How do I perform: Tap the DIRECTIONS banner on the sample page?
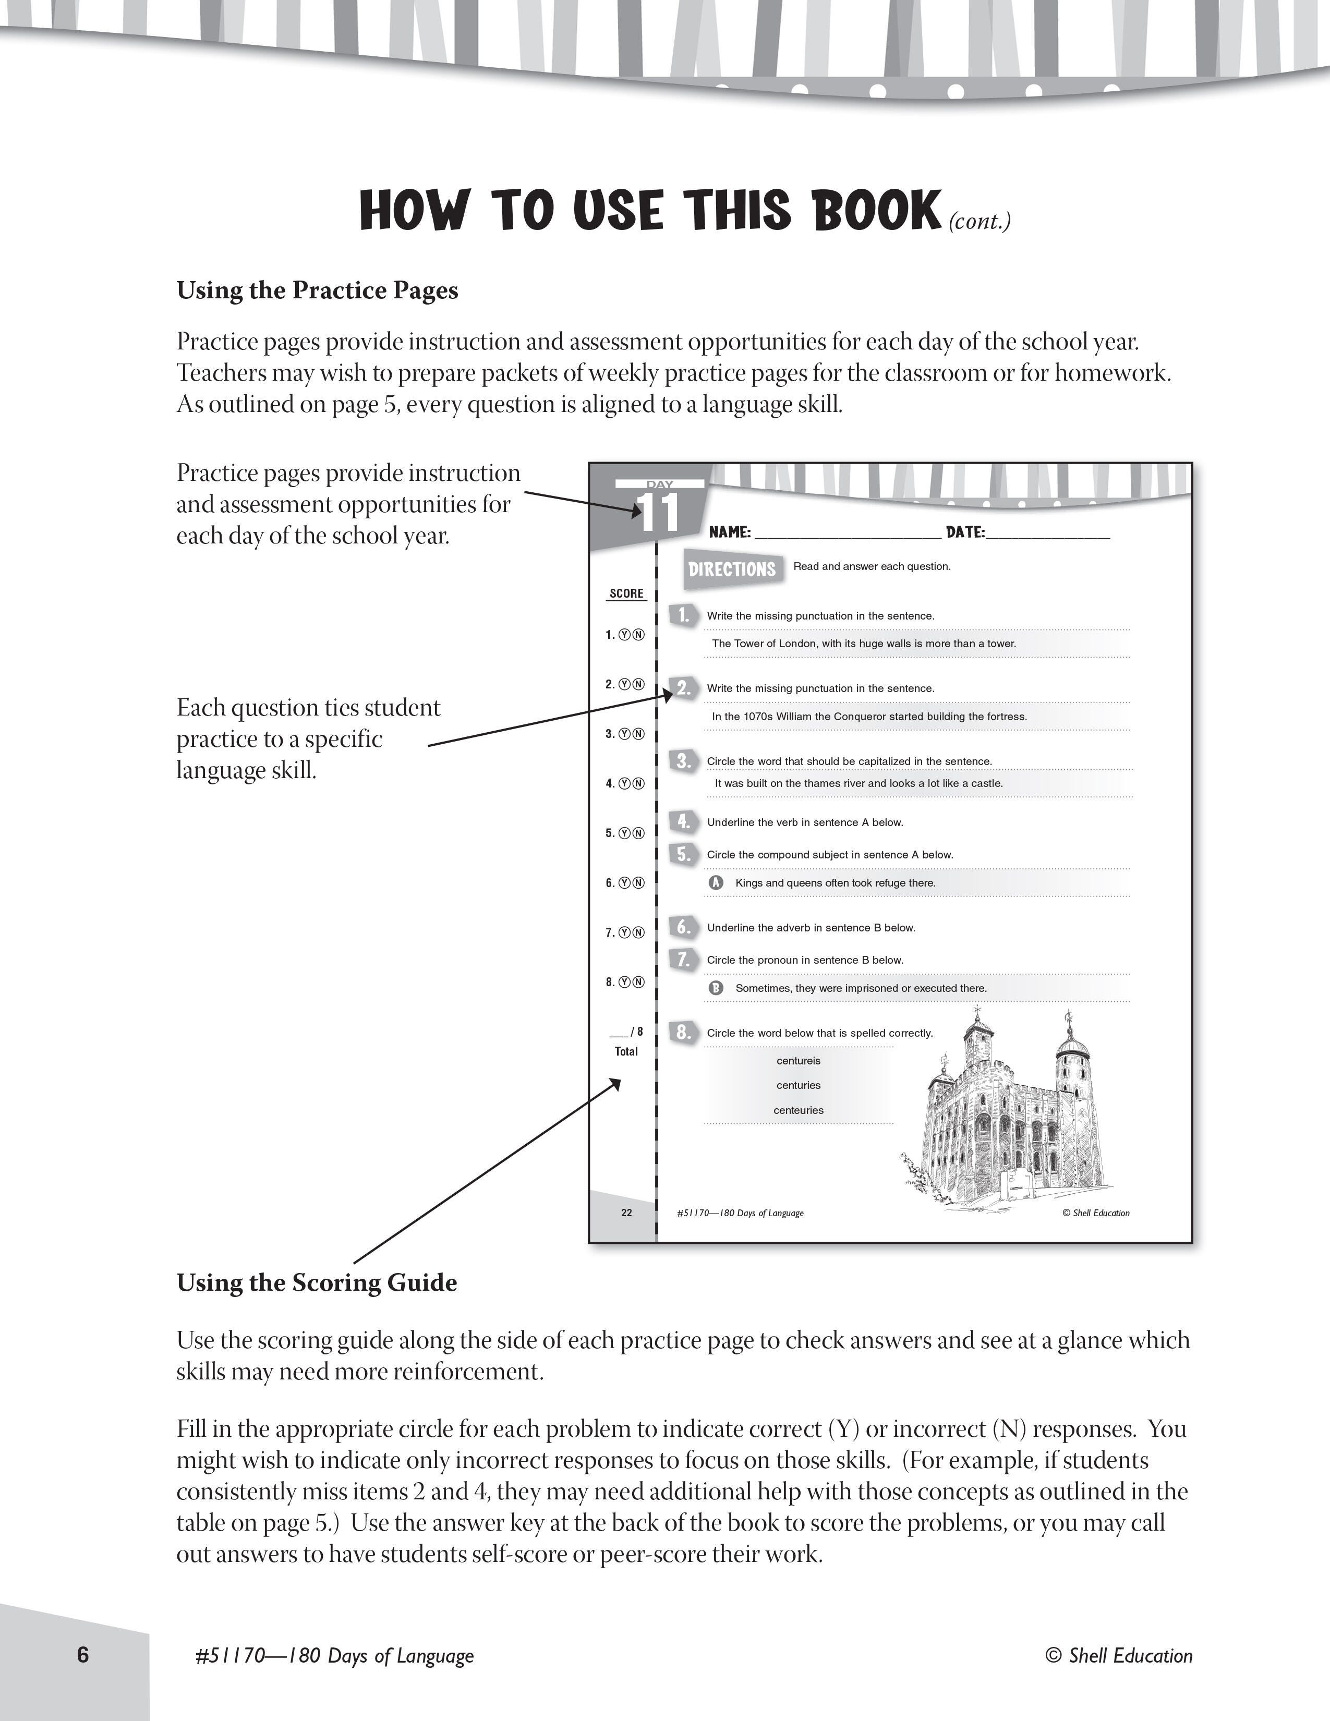[732, 569]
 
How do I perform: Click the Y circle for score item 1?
[624, 635]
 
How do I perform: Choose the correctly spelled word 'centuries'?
[798, 1085]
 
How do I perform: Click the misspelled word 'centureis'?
[798, 1061]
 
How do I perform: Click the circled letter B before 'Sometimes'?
[716, 988]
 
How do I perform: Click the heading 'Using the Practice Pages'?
[317, 291]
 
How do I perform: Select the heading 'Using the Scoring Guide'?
[316, 1283]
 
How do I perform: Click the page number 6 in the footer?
[83, 1654]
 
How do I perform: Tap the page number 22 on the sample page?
[626, 1213]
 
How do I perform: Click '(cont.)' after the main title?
[980, 222]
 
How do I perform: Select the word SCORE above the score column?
[626, 593]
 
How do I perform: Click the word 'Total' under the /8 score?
[626, 1051]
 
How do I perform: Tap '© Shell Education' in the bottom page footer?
[1119, 1656]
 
